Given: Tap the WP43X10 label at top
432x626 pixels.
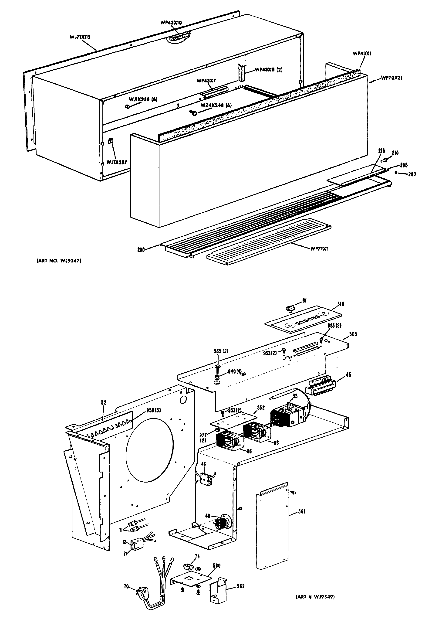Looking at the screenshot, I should [x=171, y=23].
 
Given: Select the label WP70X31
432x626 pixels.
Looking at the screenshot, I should [x=392, y=78].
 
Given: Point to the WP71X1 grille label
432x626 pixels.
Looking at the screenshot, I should [x=319, y=248].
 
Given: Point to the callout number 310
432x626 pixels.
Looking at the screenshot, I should [x=341, y=304].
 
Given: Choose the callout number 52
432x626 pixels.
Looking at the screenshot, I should [x=104, y=403].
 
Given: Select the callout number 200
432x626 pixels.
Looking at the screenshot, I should [x=141, y=250].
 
